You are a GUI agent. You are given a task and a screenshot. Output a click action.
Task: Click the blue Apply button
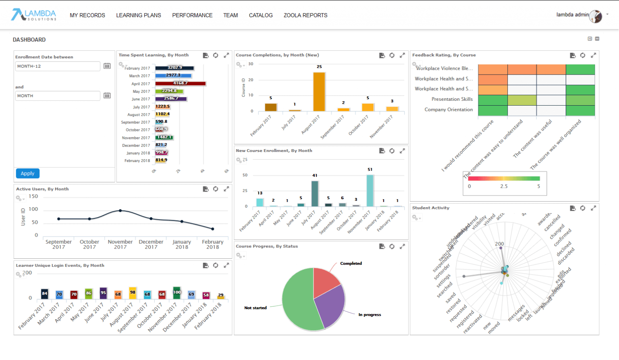[27, 173]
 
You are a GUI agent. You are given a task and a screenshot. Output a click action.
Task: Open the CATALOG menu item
[261, 15]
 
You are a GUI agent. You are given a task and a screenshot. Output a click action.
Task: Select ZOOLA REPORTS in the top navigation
[305, 15]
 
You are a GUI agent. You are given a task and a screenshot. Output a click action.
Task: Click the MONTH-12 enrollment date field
[58, 66]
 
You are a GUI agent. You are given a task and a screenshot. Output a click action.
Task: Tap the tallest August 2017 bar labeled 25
[319, 92]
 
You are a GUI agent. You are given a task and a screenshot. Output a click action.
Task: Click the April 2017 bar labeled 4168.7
[180, 83]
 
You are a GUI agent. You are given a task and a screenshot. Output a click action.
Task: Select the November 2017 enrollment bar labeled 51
[370, 190]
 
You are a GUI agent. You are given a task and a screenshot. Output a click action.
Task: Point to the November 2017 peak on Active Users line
[120, 210]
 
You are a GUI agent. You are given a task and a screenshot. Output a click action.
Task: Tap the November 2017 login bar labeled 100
[177, 293]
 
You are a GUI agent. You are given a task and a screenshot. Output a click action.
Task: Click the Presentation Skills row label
[452, 99]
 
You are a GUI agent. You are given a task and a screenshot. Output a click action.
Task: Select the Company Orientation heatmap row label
[448, 110]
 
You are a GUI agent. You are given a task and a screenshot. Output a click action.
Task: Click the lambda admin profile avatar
[596, 16]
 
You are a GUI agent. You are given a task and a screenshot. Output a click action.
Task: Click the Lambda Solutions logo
[34, 15]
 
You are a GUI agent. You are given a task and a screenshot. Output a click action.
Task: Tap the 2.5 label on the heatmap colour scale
[504, 186]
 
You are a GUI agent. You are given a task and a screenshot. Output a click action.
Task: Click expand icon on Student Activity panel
[593, 208]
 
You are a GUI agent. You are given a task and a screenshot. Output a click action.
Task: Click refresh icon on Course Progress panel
[392, 246]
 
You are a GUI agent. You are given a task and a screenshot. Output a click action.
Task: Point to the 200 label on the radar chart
[499, 244]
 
